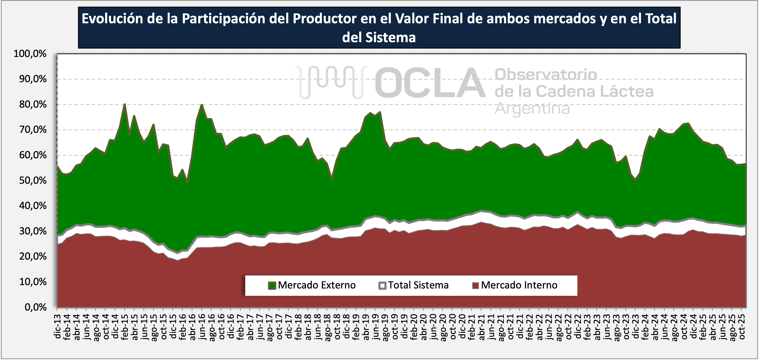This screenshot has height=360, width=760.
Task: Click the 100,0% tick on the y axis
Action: point(30,54)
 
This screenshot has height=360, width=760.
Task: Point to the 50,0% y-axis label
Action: point(33,181)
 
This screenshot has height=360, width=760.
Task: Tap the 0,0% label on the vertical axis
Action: point(36,307)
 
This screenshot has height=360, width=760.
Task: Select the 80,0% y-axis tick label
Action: point(33,104)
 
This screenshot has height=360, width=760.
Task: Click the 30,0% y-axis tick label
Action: point(33,231)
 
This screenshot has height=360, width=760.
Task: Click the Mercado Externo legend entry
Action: point(317,285)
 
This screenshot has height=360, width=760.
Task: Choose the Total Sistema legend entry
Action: point(418,285)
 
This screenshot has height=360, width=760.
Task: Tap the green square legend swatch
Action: point(272,286)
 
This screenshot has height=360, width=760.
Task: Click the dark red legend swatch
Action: point(475,286)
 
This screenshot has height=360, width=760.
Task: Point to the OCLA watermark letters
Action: point(430,83)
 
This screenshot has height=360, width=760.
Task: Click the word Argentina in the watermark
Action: point(532,109)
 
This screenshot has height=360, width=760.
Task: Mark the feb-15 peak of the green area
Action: point(125,104)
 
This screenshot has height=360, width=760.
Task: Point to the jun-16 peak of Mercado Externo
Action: point(202,105)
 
